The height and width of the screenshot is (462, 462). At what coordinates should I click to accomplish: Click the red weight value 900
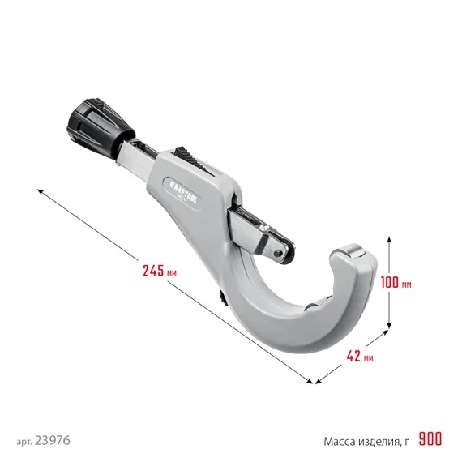pos(430,440)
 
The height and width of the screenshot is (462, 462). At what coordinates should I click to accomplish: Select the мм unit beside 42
pos(369,357)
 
